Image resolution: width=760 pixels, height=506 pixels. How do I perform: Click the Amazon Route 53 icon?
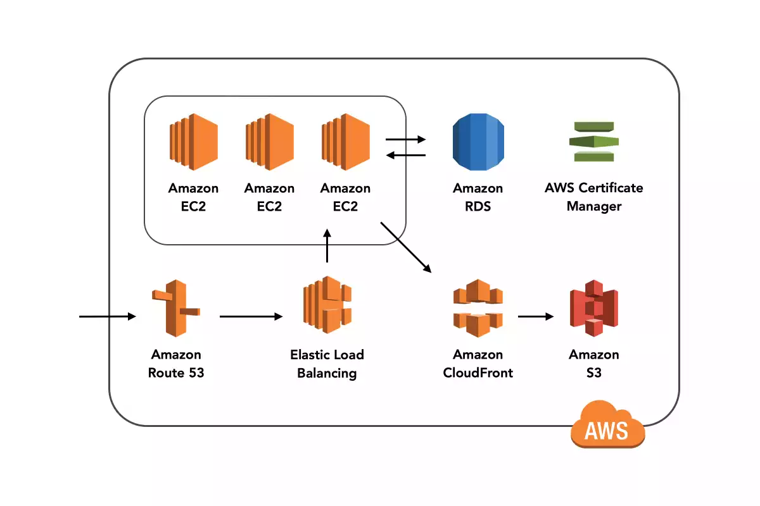coord(175,309)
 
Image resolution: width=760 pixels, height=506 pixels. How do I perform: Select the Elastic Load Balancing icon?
coord(327,305)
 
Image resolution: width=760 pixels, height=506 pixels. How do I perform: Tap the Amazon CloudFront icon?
coord(478,309)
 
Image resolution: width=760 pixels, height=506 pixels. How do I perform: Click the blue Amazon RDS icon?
coord(478,142)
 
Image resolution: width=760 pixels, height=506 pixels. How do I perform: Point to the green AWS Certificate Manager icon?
coord(593,141)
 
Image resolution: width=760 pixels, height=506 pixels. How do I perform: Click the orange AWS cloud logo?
coord(607,425)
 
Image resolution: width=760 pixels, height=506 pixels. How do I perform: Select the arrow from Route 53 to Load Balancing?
coord(251,316)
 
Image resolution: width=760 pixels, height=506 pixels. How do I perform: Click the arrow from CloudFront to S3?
coord(535,316)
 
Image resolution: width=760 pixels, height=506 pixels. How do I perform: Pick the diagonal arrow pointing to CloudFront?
coord(405,247)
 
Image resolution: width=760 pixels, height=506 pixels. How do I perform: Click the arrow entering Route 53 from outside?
coord(108,316)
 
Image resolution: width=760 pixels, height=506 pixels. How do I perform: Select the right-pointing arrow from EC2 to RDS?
coord(406,139)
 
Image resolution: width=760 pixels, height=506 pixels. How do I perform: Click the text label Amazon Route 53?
coord(176,364)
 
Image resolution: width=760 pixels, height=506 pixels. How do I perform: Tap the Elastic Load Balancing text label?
coord(327,364)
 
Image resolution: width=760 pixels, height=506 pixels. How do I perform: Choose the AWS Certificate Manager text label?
coord(593,197)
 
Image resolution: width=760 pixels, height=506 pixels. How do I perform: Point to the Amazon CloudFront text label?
coord(478,364)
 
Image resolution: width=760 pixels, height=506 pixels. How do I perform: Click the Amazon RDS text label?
coord(478,197)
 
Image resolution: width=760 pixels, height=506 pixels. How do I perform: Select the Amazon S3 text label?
coord(593,364)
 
